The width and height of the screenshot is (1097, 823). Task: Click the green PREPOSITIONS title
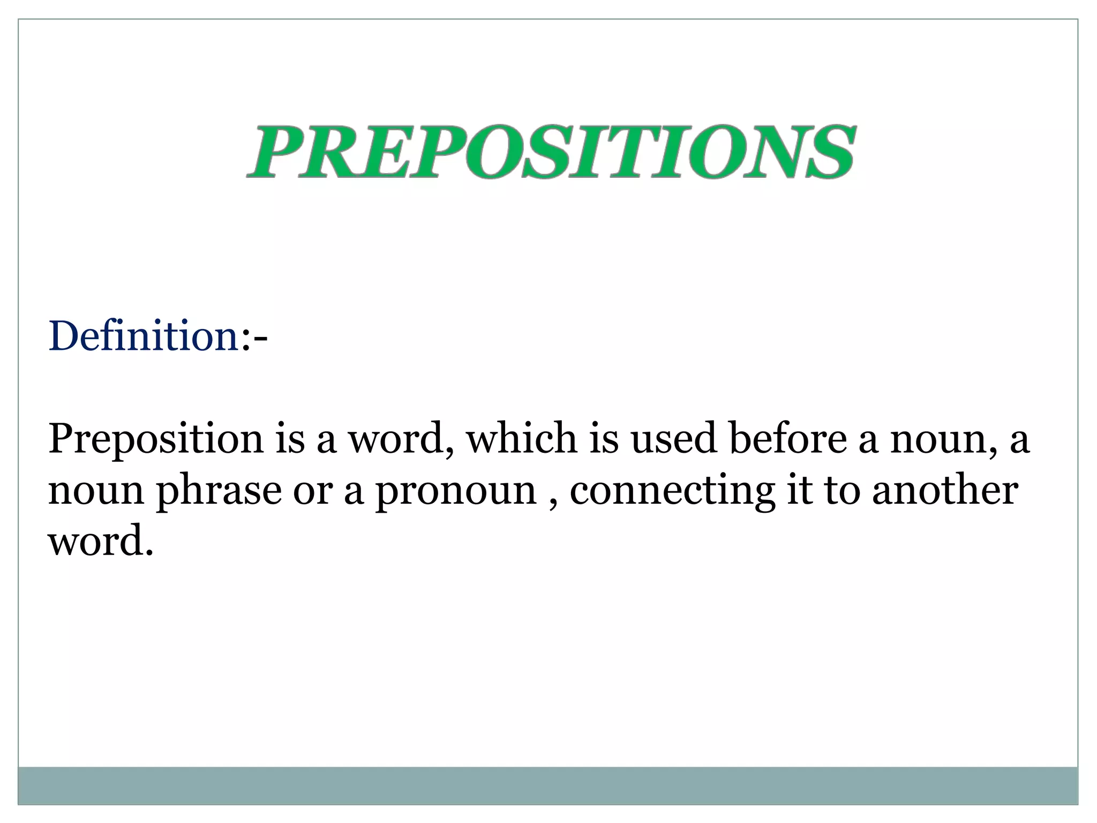point(551,152)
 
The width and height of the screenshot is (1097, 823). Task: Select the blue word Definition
point(144,336)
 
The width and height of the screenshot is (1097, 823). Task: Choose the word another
point(945,490)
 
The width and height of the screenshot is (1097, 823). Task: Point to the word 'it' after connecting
point(798,490)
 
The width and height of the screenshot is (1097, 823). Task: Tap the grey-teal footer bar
point(547,785)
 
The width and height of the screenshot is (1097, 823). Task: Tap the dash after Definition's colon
point(261,338)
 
